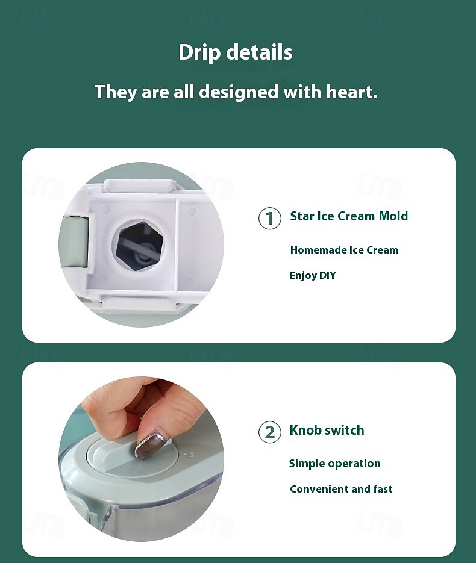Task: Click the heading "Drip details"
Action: pyautogui.click(x=236, y=52)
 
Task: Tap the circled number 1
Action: pyautogui.click(x=270, y=218)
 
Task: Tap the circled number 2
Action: pyautogui.click(x=270, y=432)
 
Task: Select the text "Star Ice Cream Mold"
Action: pyautogui.click(x=349, y=216)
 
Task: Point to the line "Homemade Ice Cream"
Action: pyautogui.click(x=344, y=250)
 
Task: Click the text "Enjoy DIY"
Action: pyautogui.click(x=313, y=275)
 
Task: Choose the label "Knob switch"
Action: pyautogui.click(x=327, y=430)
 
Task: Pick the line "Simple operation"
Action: pyautogui.click(x=335, y=464)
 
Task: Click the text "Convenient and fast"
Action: pyautogui.click(x=341, y=489)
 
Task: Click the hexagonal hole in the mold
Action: pyautogui.click(x=139, y=245)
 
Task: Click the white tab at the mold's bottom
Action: pyautogui.click(x=139, y=303)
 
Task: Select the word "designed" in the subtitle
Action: pyautogui.click(x=239, y=92)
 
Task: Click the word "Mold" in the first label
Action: pyautogui.click(x=393, y=216)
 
